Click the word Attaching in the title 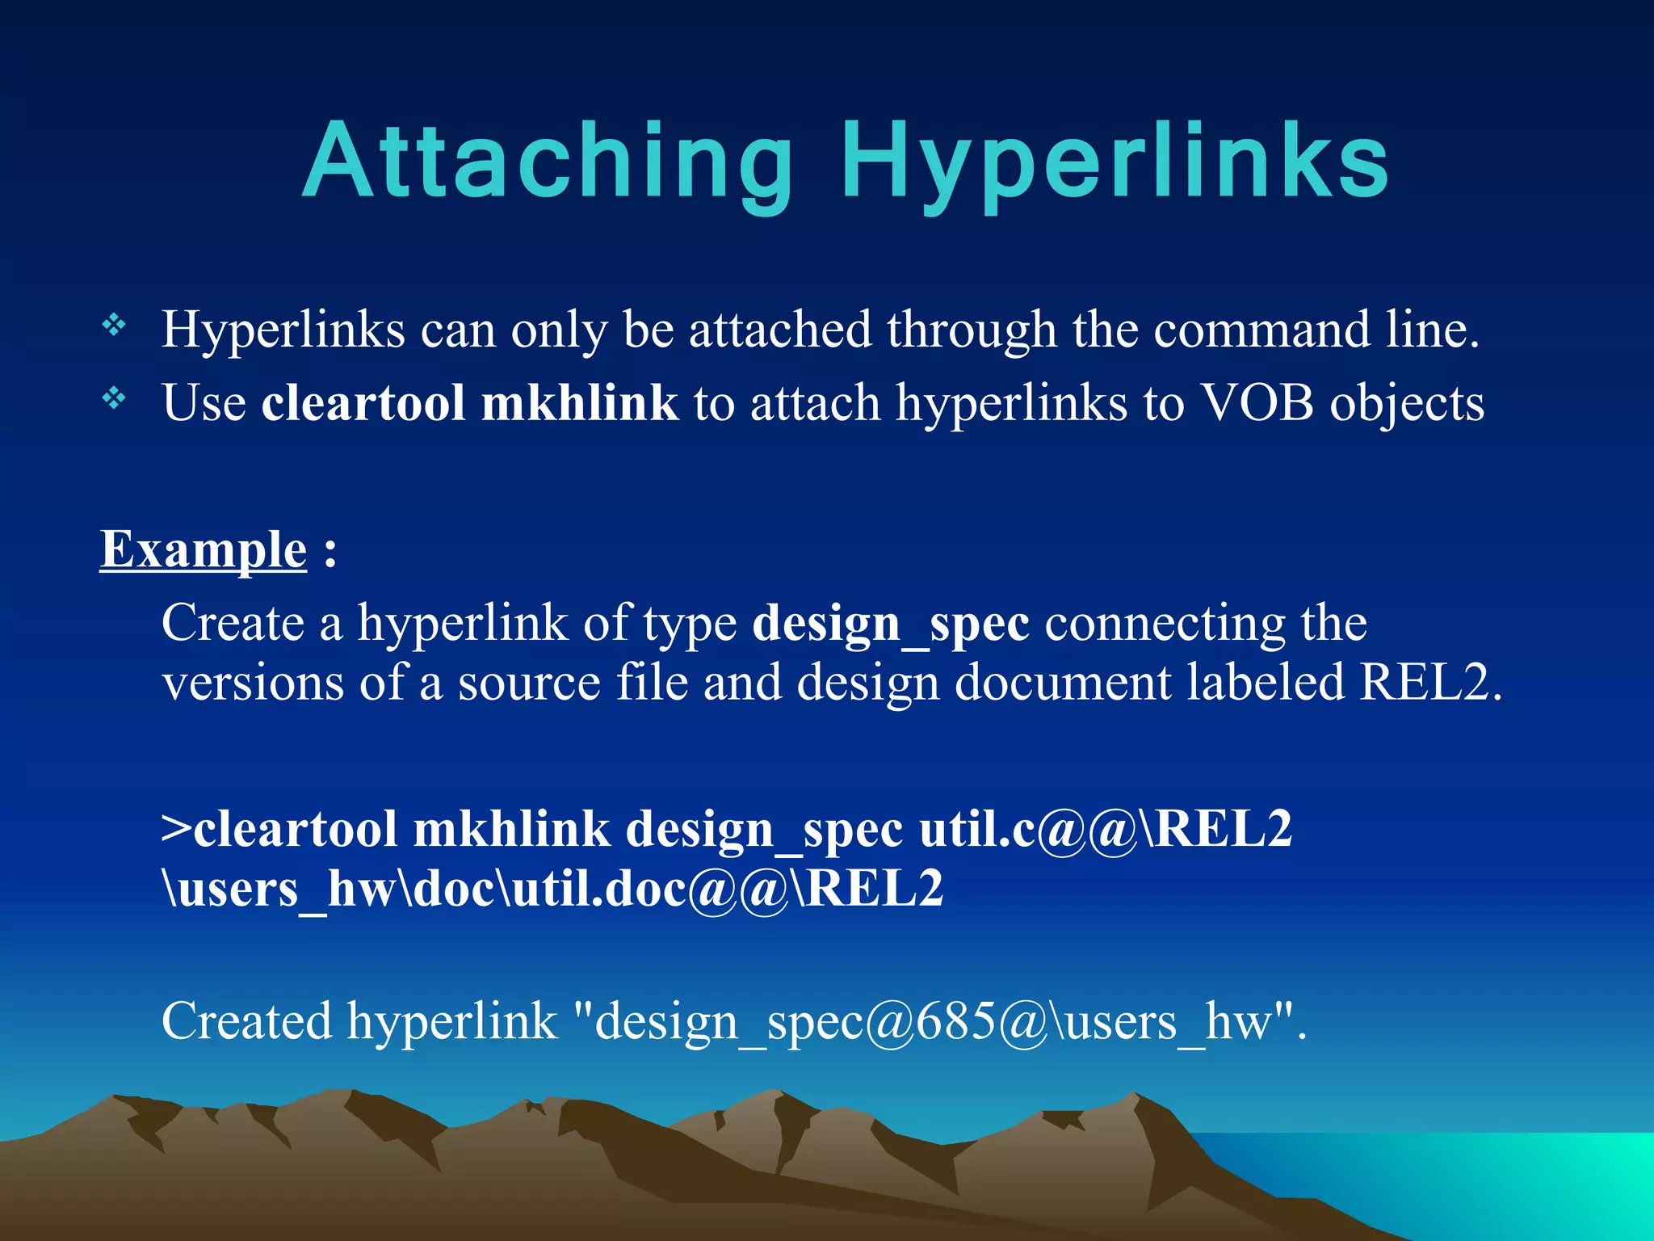(549, 162)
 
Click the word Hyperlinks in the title (1115, 162)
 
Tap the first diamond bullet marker (114, 326)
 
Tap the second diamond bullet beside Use (114, 398)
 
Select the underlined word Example (204, 550)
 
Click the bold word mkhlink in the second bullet (579, 402)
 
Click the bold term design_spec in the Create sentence (890, 625)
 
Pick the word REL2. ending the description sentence (1429, 683)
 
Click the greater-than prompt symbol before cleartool (176, 830)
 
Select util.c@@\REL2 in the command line (1106, 830)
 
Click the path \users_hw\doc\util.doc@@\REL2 (552, 889)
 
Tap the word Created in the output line (246, 1021)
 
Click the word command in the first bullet (1261, 330)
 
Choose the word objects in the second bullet (1407, 402)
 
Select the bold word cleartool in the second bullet (363, 402)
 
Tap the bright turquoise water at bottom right (1534, 1180)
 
